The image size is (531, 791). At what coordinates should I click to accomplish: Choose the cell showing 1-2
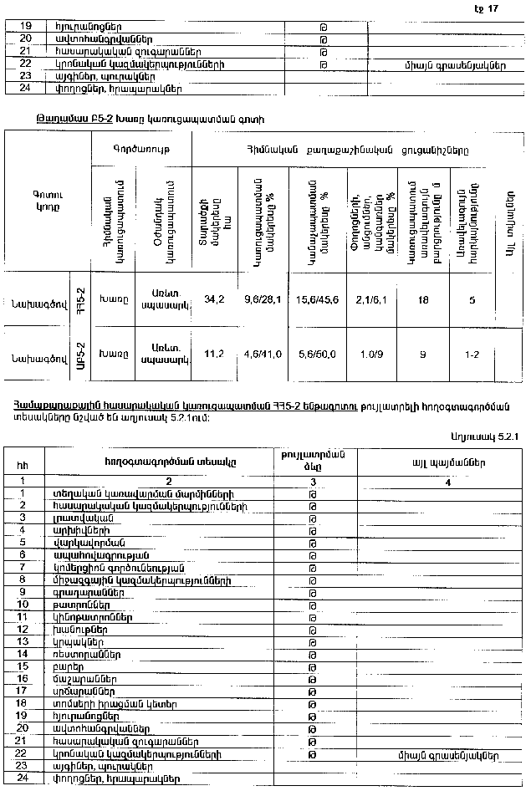(x=472, y=354)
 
